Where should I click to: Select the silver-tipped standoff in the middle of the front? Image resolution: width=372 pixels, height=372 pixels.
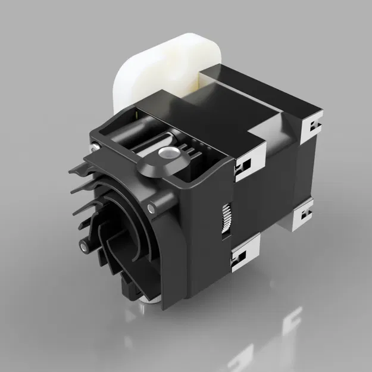(154, 209)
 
